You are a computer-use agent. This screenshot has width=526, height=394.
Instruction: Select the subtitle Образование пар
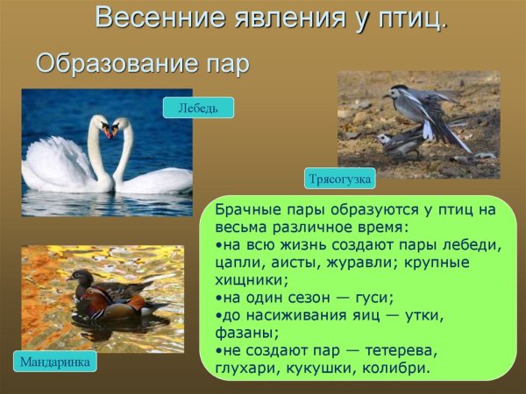tap(142, 64)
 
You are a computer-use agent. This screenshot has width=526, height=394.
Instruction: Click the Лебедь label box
tap(198, 108)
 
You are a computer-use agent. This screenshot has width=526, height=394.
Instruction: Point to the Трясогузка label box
tap(340, 179)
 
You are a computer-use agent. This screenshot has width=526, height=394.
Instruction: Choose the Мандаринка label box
tap(55, 361)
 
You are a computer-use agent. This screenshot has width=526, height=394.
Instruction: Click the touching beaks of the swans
tap(110, 131)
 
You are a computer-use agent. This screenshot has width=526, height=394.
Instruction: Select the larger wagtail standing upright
tap(421, 109)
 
